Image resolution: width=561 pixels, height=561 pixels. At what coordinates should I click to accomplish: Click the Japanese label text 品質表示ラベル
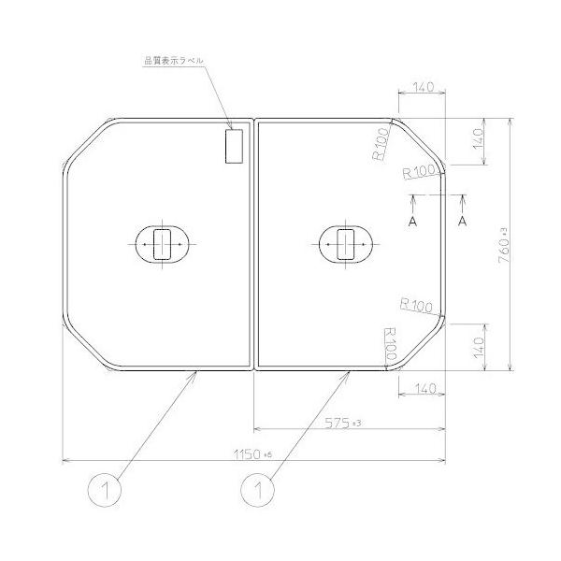tap(173, 61)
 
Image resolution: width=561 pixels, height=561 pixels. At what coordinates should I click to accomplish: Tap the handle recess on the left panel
tap(164, 244)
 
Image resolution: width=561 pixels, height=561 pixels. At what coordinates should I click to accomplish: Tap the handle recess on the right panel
tap(346, 244)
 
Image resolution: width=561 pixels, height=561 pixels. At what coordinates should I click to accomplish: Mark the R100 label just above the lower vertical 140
tap(416, 305)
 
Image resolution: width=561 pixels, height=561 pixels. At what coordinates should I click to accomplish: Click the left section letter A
tap(413, 221)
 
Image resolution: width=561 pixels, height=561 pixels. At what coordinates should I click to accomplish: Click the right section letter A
tap(463, 221)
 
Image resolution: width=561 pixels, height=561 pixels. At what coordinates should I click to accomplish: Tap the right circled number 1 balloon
tap(258, 489)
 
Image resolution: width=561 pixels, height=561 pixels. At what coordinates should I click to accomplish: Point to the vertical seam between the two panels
tap(254, 244)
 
